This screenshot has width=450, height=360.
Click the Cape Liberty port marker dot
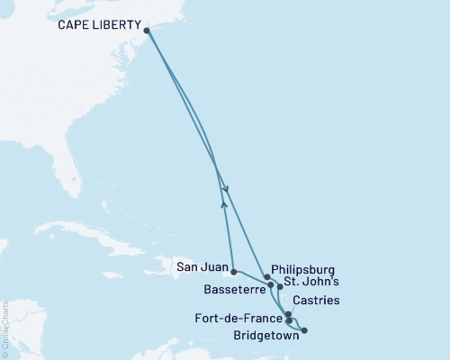[x=147, y=29]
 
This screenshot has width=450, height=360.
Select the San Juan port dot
[x=233, y=271]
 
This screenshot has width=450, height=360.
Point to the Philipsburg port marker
[x=266, y=277]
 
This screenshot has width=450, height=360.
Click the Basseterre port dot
[x=271, y=284]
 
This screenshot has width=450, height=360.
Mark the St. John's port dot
[x=280, y=287]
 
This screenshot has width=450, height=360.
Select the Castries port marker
[x=288, y=315]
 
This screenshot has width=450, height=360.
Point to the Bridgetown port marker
[x=303, y=330]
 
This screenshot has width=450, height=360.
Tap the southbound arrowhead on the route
[x=226, y=189]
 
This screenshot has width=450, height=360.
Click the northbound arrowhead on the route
[x=222, y=204]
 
